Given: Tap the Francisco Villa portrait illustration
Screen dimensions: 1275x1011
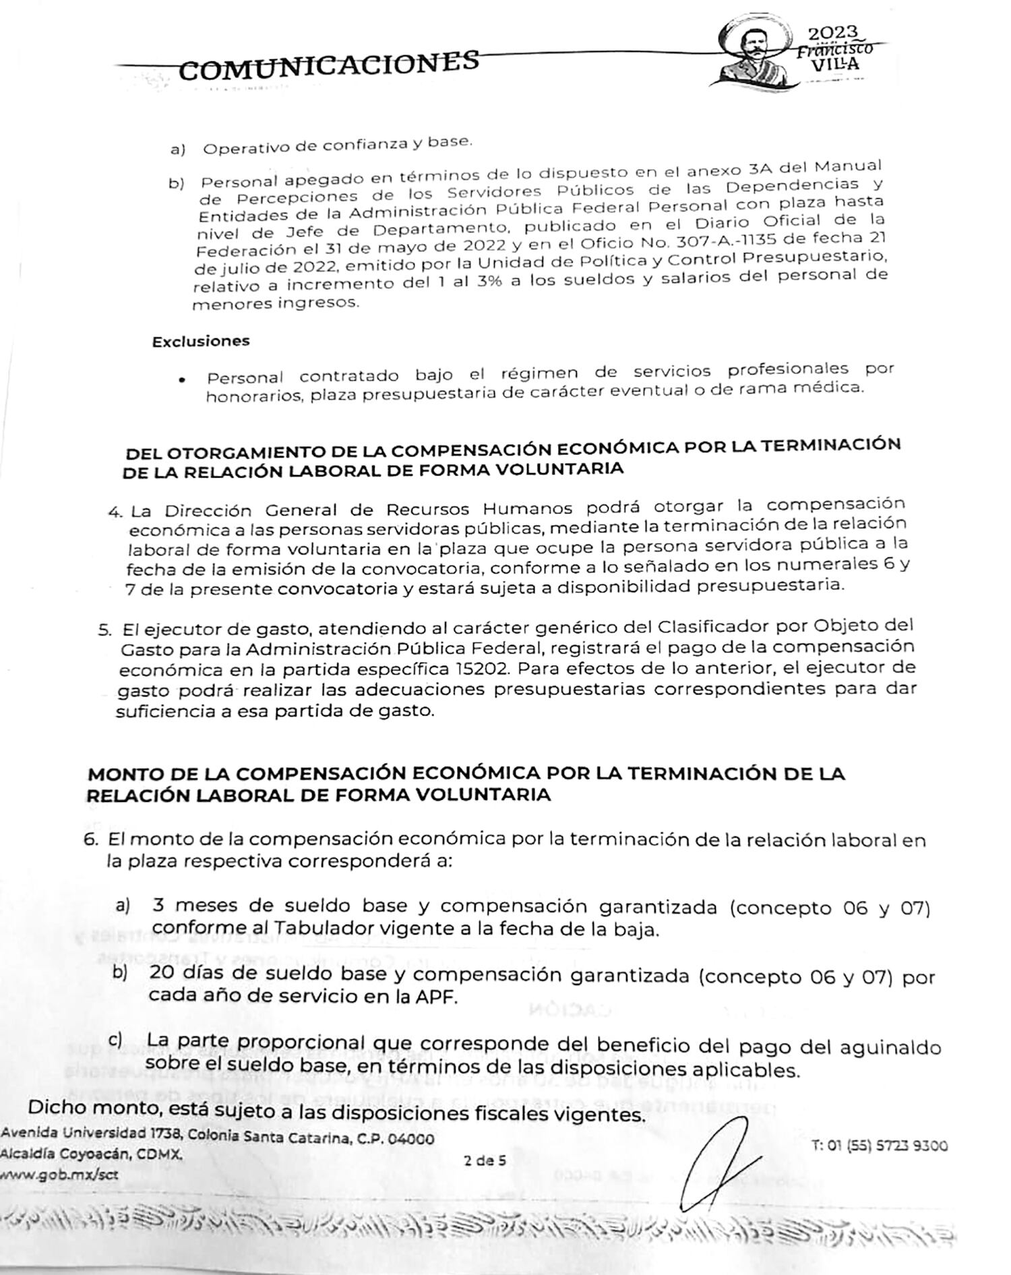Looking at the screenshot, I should pyautogui.click(x=753, y=51).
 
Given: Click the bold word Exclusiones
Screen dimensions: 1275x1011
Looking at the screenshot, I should pyautogui.click(x=200, y=341).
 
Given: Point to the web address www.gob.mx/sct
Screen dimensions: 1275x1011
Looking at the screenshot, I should pyautogui.click(x=59, y=1173).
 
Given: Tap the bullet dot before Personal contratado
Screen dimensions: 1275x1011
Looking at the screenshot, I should pyautogui.click(x=182, y=380).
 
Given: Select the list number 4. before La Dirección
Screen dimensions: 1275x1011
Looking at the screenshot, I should pyautogui.click(x=115, y=511).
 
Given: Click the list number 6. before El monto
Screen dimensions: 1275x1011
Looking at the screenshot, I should pyautogui.click(x=92, y=840).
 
